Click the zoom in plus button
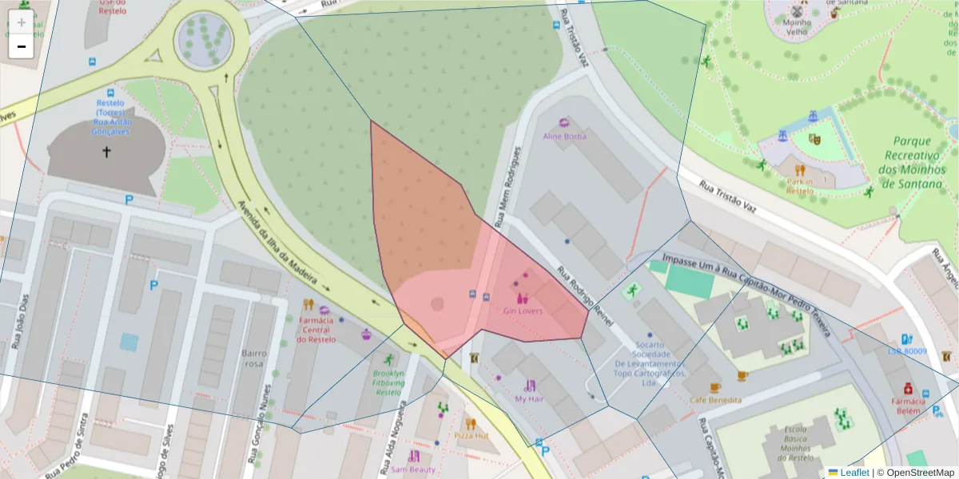coord(21,22)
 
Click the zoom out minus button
coord(21,46)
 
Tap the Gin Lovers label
coord(523,311)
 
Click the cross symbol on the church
coord(106,151)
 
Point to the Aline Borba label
coord(564,136)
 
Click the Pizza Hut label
coord(471,436)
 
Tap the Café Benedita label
coord(715,399)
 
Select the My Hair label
coord(529,398)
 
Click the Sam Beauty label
coord(413,469)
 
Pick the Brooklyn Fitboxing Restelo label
coord(388,382)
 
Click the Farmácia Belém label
coord(909,406)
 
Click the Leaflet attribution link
coord(854,473)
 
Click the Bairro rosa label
coord(253,358)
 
